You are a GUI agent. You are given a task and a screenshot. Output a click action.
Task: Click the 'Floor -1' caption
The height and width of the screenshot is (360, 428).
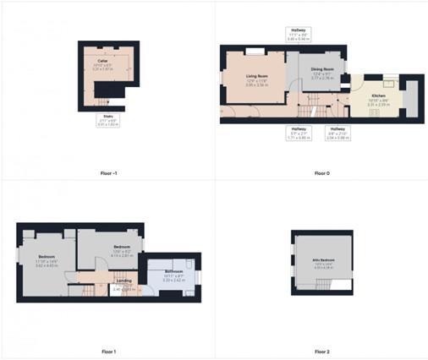[x=108, y=172]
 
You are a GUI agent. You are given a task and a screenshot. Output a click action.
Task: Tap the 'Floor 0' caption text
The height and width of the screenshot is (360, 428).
[x=321, y=172]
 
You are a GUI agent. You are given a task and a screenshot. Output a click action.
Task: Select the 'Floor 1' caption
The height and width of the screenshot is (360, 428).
[x=108, y=351]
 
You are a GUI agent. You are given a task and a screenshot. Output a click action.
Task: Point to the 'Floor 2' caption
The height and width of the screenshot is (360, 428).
[x=321, y=351]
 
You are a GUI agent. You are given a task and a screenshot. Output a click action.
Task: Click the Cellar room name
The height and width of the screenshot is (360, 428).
[x=102, y=61]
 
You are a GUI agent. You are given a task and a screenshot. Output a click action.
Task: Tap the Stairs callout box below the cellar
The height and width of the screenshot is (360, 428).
[x=107, y=119]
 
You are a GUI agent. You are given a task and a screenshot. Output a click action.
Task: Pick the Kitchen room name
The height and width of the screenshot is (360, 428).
[x=377, y=95]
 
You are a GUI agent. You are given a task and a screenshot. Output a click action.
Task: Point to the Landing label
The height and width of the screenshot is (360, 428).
[x=123, y=281]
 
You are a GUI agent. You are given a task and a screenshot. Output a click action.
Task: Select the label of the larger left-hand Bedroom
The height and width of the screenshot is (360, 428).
[x=47, y=256]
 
